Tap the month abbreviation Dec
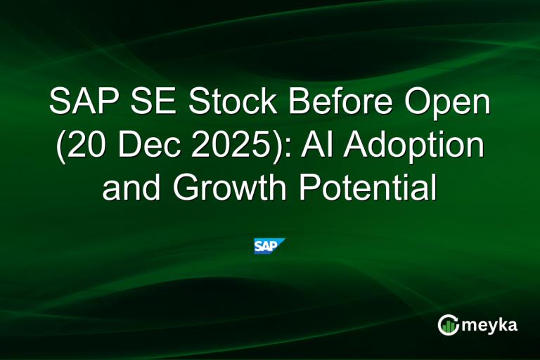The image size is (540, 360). pos(143,146)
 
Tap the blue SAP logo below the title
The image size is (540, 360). pos(269,246)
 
